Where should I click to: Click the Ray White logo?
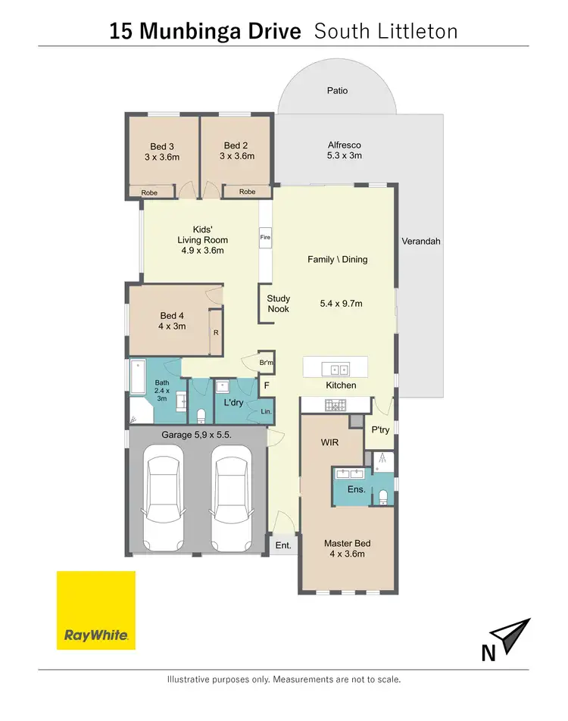pos(96,610)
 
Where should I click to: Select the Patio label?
pos(337,91)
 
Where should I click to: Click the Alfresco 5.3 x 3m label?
pos(345,150)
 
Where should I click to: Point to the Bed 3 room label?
pos(162,151)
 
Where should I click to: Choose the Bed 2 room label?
pos(236,151)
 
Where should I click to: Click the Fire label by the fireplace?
pos(266,237)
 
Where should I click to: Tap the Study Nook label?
pos(278,304)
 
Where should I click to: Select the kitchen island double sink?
pos(335,370)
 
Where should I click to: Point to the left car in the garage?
pos(164,498)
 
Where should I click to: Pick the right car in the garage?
pos(231,498)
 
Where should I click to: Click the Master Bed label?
pos(347,548)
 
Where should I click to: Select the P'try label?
pos(379,429)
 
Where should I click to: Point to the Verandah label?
pos(421,242)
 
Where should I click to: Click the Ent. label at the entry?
pos(282,545)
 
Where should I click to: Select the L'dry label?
pos(233,403)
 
